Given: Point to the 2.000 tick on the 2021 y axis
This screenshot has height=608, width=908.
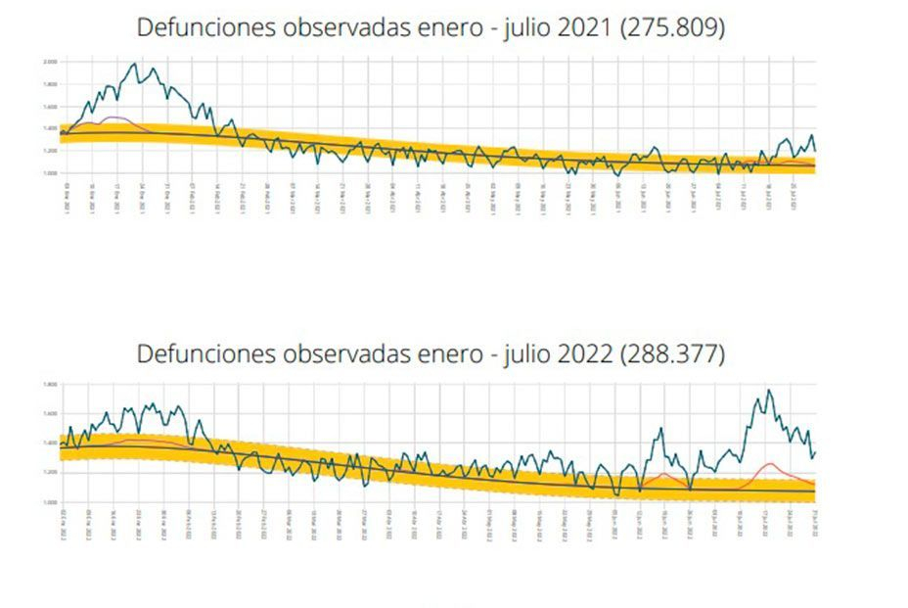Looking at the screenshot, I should point(50,62).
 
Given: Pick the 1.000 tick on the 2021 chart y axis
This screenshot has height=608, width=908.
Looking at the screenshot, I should point(50,172).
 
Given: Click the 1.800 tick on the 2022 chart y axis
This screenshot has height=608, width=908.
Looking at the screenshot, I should point(50,385).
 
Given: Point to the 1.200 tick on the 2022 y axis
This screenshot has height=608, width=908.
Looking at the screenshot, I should point(50,472).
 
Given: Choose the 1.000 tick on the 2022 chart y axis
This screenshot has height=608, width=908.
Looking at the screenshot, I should point(50,501).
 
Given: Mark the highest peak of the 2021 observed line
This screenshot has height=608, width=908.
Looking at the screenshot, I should point(135,64).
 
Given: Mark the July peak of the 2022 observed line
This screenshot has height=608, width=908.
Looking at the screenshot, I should point(768,391).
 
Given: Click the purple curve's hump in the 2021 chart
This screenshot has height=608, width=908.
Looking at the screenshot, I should point(116,117).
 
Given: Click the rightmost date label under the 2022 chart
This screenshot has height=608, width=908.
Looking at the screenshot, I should point(814,520).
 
